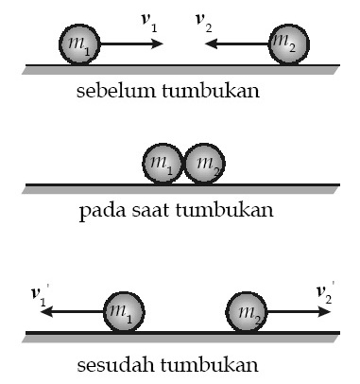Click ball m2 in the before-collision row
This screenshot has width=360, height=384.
(x=286, y=45)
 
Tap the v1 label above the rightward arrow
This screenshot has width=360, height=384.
(x=152, y=20)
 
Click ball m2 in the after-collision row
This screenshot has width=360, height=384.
(x=246, y=311)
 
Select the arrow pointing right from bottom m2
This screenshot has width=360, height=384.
(x=298, y=311)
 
